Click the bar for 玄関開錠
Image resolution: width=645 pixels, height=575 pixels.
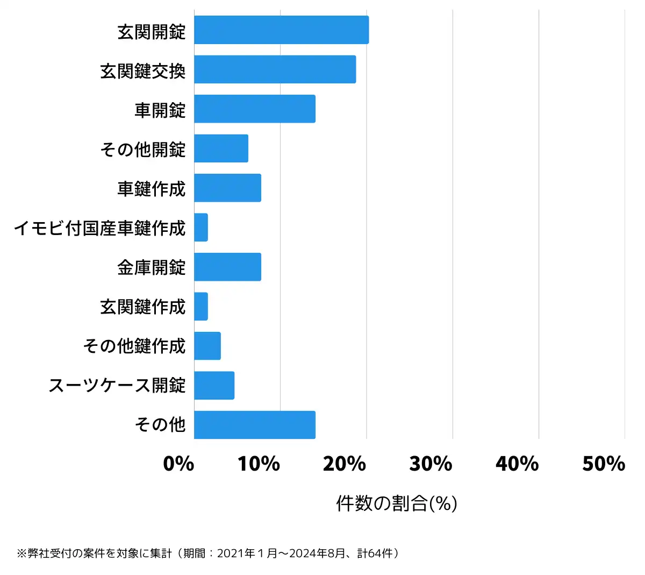pos(281,30)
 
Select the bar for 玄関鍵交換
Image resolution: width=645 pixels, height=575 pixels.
pos(275,69)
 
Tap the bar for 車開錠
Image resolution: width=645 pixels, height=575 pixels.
pos(255,109)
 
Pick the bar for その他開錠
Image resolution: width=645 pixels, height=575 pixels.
pos(221,148)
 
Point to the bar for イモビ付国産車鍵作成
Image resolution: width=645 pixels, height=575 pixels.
pos(201,228)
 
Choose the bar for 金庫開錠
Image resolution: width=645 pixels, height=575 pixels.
pos(227,267)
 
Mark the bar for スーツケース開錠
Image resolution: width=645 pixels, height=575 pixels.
pos(214,385)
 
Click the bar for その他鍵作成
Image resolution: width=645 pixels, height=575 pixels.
pos(207,346)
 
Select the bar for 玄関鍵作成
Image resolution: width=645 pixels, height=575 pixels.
pos(201,307)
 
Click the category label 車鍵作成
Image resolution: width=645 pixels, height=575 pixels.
pos(152,189)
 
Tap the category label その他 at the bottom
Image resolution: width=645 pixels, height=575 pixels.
pos(160,425)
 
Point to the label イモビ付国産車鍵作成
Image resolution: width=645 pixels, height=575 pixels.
pos(99,228)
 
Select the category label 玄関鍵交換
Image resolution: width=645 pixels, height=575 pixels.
pos(143,71)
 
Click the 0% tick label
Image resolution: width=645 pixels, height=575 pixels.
pos(178,464)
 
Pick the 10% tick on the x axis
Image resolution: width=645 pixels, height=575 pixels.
pos(259,464)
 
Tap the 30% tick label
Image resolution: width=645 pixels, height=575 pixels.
pos(431,464)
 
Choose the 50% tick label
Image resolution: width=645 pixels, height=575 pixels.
pos(604,464)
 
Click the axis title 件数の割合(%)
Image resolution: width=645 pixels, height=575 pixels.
pos(397,503)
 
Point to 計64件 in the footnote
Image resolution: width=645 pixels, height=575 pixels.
pos(378,553)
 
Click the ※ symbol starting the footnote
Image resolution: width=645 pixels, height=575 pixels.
pos(21,553)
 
